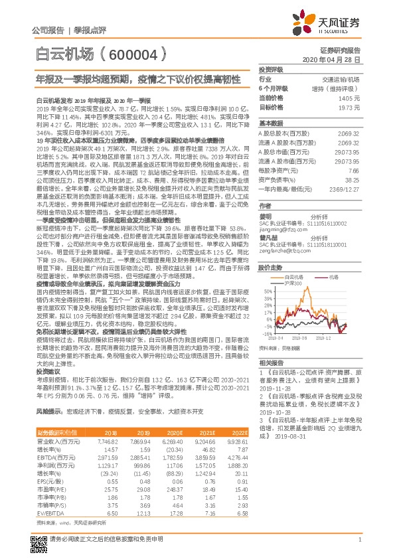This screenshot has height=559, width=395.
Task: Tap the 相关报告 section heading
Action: [x=272, y=362]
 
